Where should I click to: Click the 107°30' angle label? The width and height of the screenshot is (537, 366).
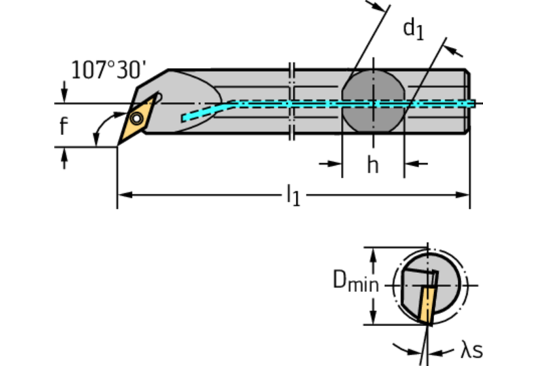[109, 70]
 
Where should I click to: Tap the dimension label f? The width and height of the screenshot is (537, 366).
[64, 127]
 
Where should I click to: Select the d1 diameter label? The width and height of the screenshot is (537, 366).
[413, 29]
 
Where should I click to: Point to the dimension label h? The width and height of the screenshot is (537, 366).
[372, 165]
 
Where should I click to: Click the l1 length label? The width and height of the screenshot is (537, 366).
[293, 197]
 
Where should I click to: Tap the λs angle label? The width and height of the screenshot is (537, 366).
[471, 350]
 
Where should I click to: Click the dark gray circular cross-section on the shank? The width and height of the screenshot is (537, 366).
[372, 101]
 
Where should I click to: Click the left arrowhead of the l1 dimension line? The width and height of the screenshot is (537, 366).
[123, 194]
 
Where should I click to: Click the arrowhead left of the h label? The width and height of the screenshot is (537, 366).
[335, 164]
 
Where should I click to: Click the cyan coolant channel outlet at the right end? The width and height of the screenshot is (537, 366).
[471, 104]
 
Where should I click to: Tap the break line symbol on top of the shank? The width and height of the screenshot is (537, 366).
[292, 69]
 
